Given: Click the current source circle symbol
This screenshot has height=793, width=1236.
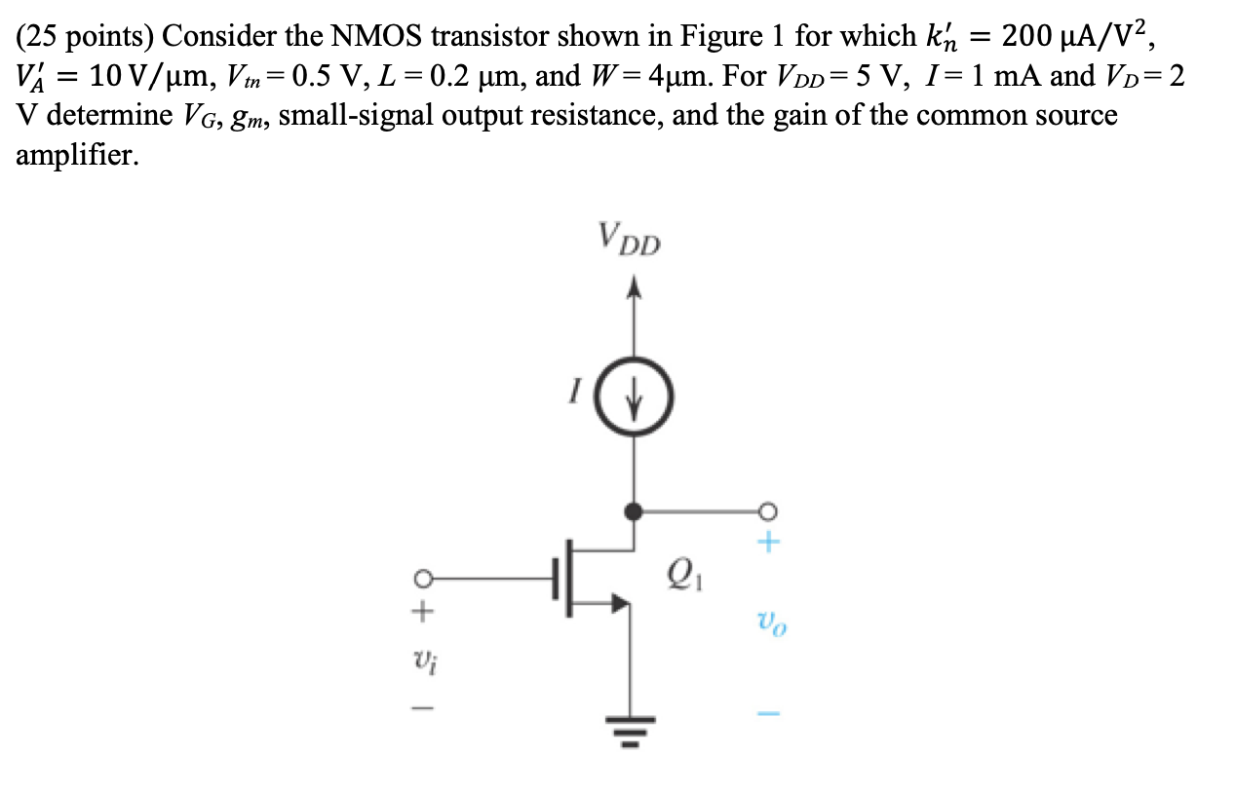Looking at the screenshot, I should click(x=637, y=396).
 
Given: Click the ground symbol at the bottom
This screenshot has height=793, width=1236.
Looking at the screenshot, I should click(x=630, y=729).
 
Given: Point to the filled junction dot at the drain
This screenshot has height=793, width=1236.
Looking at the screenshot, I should click(x=634, y=510).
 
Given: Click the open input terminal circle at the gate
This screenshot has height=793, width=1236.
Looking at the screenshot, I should click(x=421, y=578).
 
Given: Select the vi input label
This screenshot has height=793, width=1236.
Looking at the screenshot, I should click(x=421, y=665).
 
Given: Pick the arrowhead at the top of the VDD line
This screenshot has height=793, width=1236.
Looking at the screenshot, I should click(x=635, y=286).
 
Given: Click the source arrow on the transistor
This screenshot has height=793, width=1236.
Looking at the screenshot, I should click(x=618, y=604).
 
